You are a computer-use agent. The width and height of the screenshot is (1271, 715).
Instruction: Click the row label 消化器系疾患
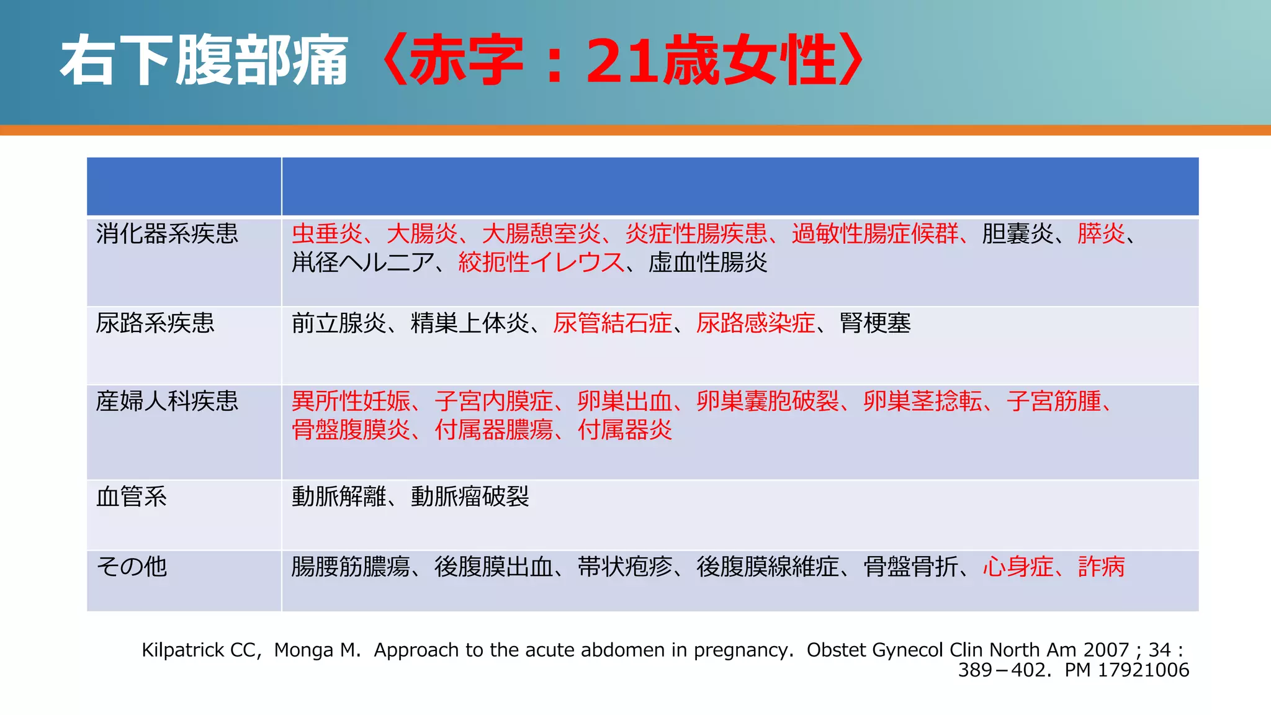(167, 234)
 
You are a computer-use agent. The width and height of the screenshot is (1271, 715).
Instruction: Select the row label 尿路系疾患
(155, 323)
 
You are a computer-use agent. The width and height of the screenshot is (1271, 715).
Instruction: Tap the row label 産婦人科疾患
(167, 402)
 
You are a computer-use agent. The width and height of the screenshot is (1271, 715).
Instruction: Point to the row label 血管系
(132, 497)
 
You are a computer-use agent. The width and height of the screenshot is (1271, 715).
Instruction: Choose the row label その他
(132, 567)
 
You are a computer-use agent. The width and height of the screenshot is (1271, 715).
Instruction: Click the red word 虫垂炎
(327, 234)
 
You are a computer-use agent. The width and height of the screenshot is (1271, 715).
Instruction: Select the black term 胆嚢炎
(1017, 234)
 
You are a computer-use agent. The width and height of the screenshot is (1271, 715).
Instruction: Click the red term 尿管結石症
(613, 323)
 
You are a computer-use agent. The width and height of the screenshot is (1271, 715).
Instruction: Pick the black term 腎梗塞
(875, 323)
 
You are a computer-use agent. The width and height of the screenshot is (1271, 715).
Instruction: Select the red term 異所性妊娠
(351, 402)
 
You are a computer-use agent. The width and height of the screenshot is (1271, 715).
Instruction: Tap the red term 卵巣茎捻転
(922, 402)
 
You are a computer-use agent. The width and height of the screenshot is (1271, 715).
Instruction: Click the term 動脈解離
(339, 497)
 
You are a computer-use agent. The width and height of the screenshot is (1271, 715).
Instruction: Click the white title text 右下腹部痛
(204, 61)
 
